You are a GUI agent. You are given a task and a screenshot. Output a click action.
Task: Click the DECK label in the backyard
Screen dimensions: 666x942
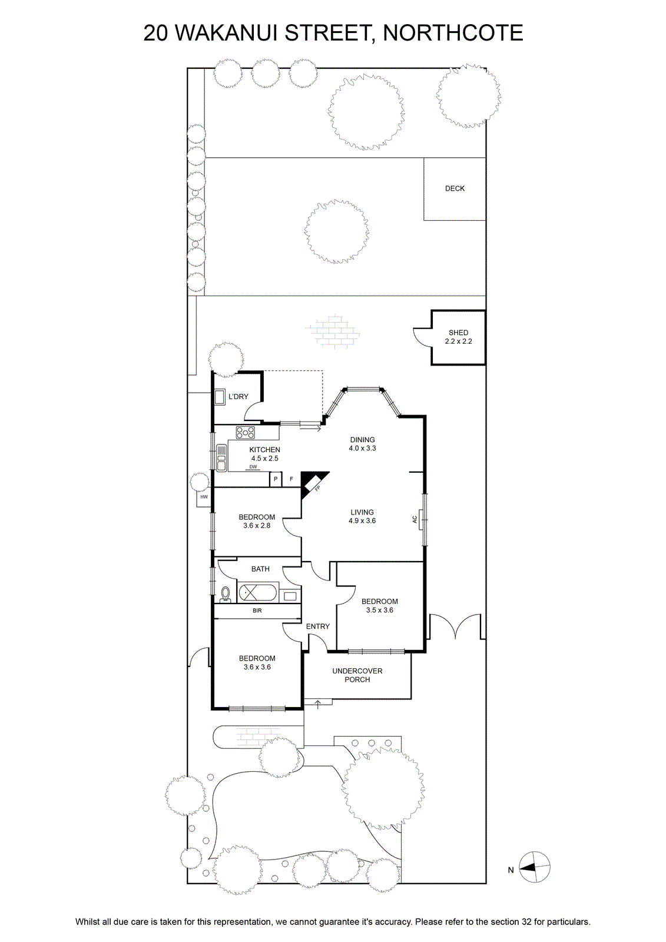455,188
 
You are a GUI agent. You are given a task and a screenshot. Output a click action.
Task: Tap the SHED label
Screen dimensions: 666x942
458,333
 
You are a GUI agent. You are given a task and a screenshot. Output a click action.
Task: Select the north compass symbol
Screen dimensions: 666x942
534,867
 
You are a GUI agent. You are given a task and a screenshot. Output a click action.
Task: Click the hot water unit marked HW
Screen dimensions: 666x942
204,497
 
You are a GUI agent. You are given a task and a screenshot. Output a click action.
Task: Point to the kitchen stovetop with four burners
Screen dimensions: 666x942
245,432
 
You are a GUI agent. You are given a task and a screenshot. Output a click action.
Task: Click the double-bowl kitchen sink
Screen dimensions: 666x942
221,457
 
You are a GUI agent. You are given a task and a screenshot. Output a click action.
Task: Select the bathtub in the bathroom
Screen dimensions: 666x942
257,592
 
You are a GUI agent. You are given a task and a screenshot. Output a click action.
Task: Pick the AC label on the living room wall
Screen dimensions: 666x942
415,519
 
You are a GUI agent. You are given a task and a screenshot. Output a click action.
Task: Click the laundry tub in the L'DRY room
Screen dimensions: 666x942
220,397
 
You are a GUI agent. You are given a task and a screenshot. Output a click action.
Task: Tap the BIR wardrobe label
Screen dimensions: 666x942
257,611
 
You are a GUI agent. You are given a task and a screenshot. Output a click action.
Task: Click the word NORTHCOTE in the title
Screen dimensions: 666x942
453,33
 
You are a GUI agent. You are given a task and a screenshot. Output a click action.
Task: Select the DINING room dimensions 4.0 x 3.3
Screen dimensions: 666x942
362,448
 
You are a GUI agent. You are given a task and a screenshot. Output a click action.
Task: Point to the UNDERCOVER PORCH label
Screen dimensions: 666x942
357,675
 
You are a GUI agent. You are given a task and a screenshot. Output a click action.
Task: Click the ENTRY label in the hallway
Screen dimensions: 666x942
317,626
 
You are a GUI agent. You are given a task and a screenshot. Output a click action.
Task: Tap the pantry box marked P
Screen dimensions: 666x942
276,479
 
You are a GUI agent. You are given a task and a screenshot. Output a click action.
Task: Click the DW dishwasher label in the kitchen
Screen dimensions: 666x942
253,467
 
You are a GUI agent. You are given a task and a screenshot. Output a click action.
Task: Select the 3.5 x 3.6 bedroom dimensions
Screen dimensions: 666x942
379,610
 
